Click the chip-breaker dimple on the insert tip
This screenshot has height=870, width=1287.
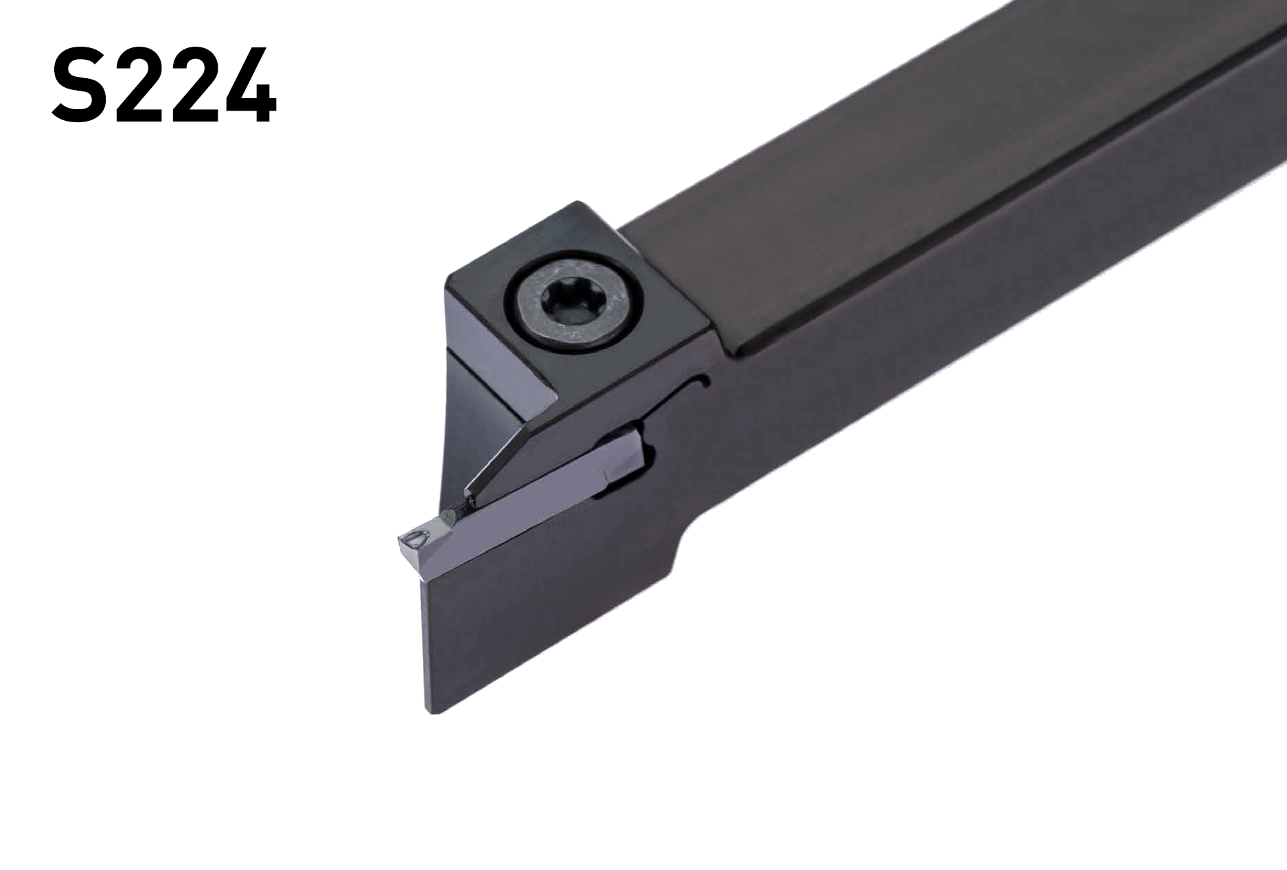[414, 540]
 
